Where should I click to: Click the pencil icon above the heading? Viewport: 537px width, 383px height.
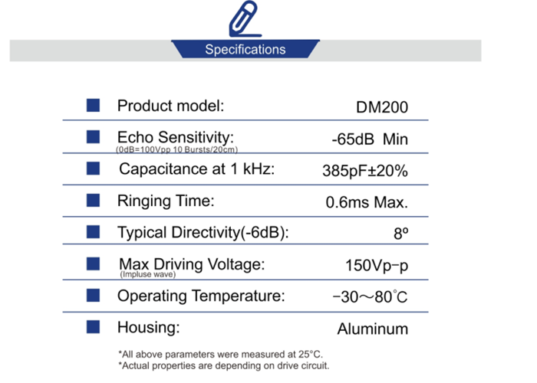[245, 19]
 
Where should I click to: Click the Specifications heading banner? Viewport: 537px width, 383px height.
[245, 49]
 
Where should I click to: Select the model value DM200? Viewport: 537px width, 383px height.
[382, 107]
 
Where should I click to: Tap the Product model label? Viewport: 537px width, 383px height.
[170, 106]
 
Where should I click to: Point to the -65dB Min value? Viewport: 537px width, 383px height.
[370, 139]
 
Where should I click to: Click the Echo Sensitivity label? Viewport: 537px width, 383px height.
[176, 137]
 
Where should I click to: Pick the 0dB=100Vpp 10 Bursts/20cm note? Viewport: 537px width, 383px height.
[176, 149]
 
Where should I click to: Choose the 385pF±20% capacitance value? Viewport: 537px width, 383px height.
[365, 170]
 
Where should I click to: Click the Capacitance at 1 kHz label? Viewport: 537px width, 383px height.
[197, 169]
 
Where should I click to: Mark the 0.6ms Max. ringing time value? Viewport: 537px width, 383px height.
[367, 202]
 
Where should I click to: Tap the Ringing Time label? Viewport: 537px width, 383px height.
[166, 201]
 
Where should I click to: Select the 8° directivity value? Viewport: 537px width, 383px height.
[401, 234]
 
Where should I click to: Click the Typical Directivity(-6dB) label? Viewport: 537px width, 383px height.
[203, 233]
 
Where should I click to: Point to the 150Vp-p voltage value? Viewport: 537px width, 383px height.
[377, 265]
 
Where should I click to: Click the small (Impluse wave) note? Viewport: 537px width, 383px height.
[148, 274]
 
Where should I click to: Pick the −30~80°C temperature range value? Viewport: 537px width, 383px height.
[370, 296]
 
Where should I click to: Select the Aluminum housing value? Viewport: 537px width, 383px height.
[373, 329]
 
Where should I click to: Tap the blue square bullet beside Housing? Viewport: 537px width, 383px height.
[93, 327]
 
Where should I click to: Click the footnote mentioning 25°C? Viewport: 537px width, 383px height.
[221, 354]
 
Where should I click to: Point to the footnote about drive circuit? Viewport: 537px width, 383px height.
[224, 365]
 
